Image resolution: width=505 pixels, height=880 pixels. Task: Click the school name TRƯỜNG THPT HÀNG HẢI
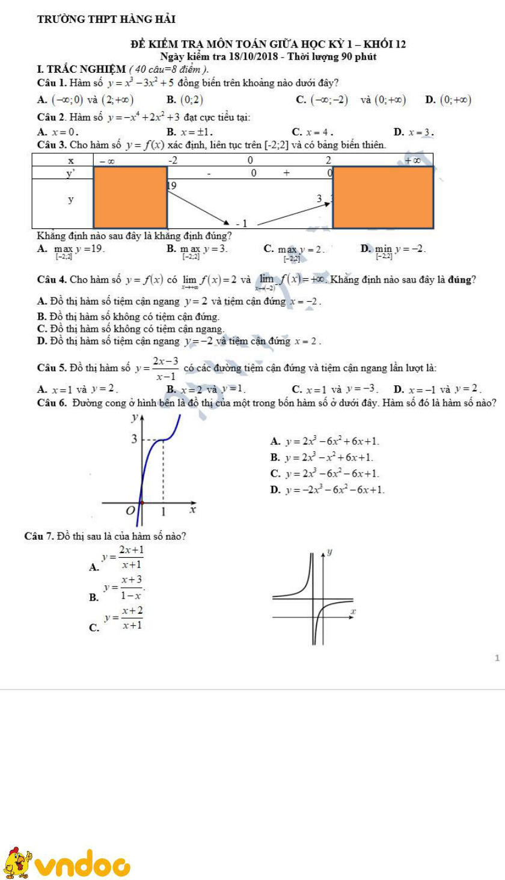106,19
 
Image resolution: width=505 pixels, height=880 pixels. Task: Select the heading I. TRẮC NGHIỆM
81,70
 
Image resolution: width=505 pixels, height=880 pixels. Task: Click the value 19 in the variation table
172,186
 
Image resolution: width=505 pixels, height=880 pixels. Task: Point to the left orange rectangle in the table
130,197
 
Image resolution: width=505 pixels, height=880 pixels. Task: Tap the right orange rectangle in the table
382,197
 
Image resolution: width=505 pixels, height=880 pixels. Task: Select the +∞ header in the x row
412,160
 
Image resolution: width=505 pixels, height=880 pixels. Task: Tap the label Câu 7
38,536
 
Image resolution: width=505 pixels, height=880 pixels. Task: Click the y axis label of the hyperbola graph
330,552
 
